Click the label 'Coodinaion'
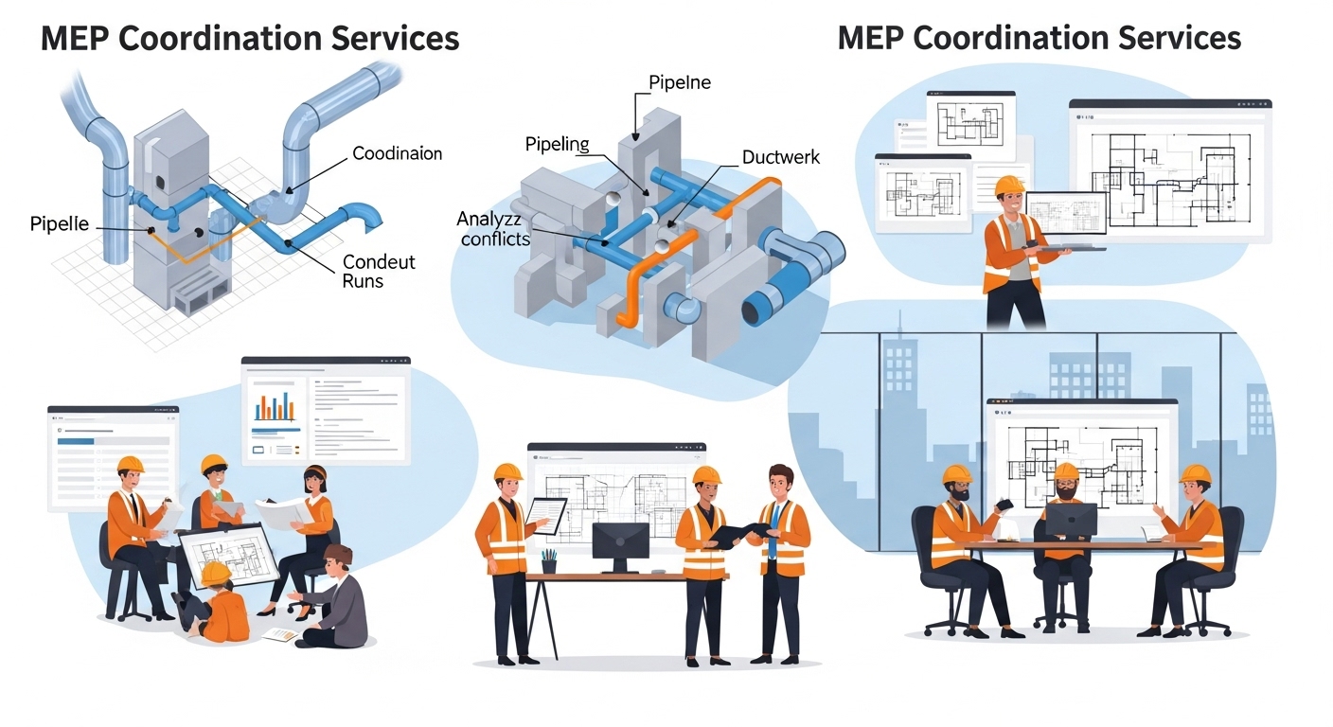click(x=397, y=153)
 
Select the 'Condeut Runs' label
click(x=379, y=271)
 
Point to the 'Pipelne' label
click(x=679, y=83)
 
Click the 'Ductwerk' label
click(x=781, y=158)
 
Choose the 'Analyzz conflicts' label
click(x=492, y=229)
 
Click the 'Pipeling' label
click(x=557, y=145)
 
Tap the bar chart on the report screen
click(x=275, y=405)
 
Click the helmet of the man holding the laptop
click(x=1011, y=184)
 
